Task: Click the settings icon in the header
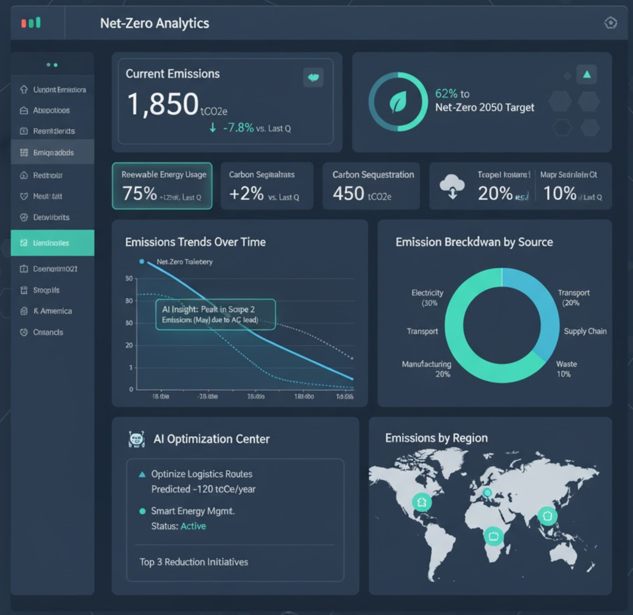point(610,23)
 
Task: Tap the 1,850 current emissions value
point(163,104)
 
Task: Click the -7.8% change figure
point(238,128)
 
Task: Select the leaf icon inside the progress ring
point(398,102)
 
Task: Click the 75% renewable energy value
point(139,194)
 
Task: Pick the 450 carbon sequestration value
point(348,194)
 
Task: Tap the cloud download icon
point(452,187)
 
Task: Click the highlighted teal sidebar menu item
point(52,243)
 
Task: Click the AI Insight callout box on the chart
point(215,314)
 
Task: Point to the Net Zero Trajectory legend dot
point(141,262)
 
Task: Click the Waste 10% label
point(565,369)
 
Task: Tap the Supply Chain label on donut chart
point(585,331)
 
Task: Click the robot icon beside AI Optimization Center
point(137,439)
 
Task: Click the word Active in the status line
point(193,526)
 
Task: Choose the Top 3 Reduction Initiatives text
point(193,562)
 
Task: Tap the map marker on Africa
point(493,536)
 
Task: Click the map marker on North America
point(421,502)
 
